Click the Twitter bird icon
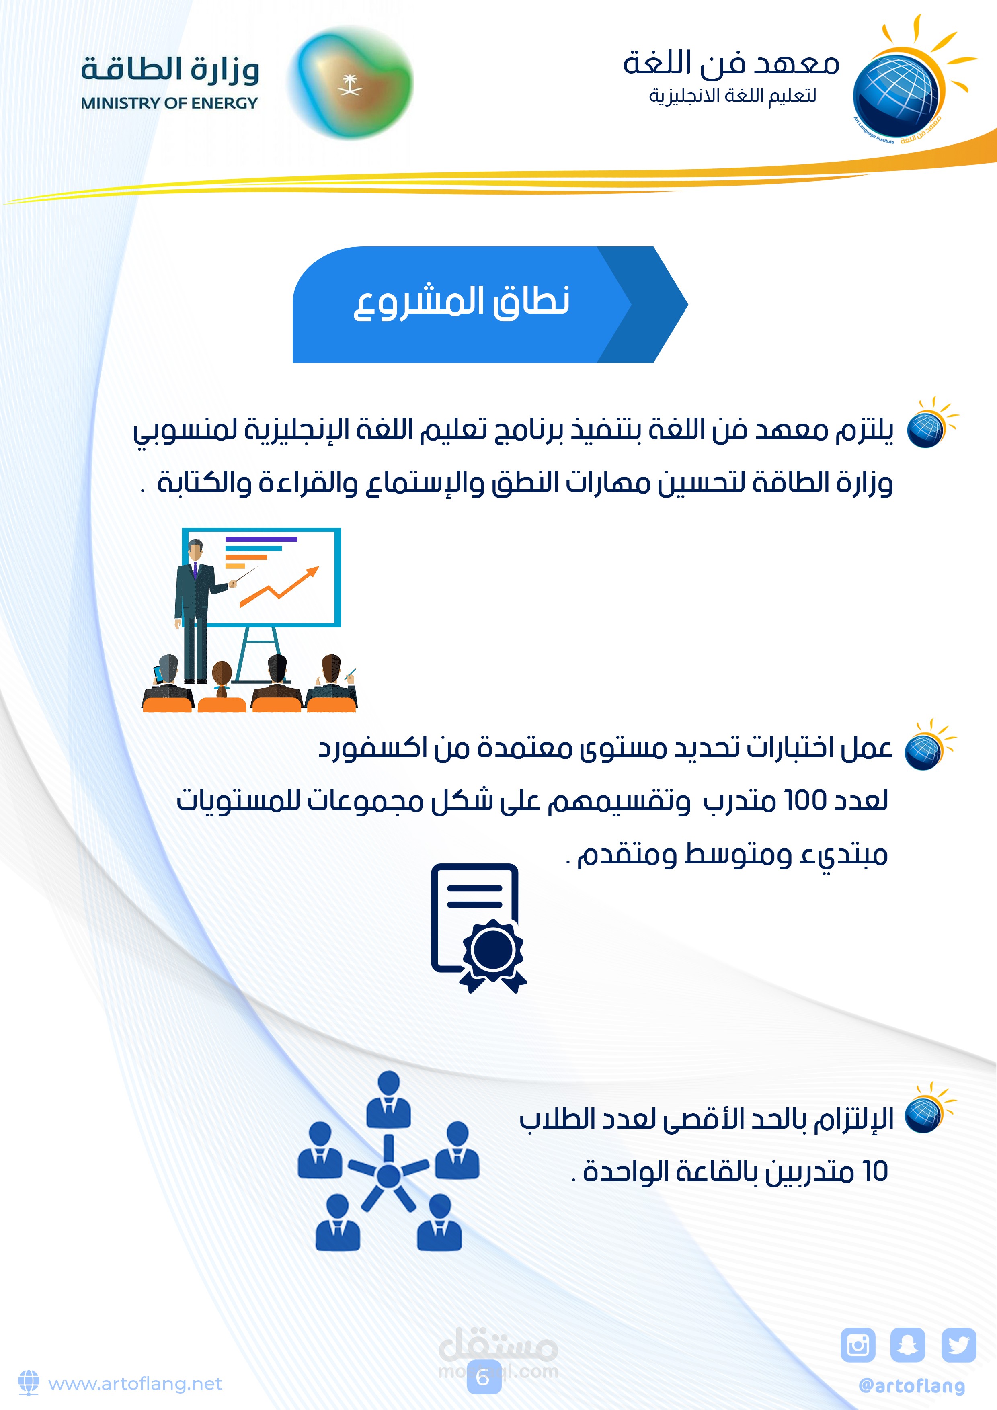point(958,1345)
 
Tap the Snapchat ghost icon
point(907,1345)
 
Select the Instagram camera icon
point(858,1345)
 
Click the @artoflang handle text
point(912,1385)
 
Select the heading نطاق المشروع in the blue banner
point(462,302)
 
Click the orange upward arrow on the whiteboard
point(279,586)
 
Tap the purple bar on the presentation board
point(261,539)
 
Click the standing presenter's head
point(195,549)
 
